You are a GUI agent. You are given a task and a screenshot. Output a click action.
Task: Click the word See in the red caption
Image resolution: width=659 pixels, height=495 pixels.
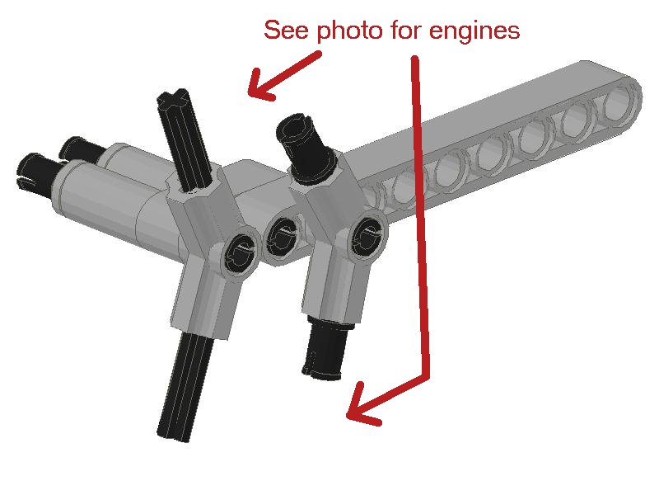point(286,31)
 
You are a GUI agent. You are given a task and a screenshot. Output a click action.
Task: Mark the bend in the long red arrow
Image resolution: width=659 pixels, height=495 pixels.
point(428,376)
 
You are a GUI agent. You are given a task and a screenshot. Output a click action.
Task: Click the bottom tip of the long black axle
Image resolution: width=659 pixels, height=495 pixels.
point(173,436)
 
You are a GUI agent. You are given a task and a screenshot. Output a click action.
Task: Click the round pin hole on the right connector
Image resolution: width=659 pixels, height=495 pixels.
point(367,237)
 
